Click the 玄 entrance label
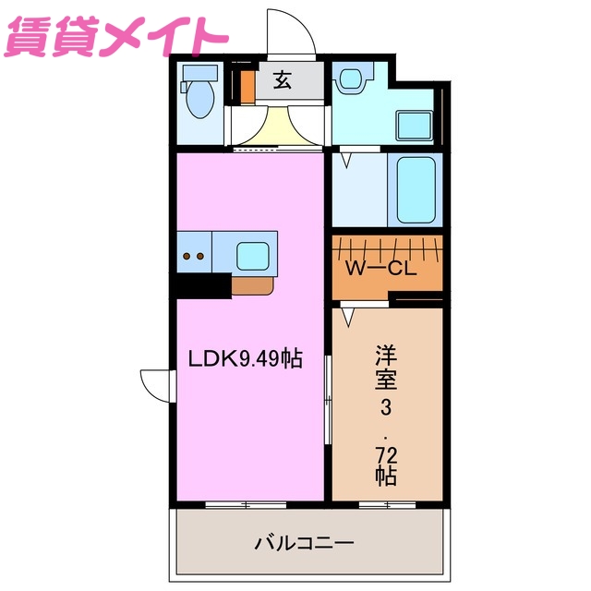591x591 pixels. pyautogui.click(x=282, y=81)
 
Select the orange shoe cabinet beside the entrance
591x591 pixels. pyautogui.click(x=247, y=86)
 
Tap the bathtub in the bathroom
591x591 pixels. pyautogui.click(x=418, y=190)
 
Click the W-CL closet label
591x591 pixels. pyautogui.click(x=380, y=270)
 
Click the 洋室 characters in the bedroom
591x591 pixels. pyautogui.click(x=386, y=368)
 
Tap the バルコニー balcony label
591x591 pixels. pyautogui.click(x=304, y=543)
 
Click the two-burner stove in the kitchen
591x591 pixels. pyautogui.click(x=195, y=254)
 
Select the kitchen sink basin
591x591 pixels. pyautogui.click(x=251, y=253)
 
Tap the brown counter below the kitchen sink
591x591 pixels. pyautogui.click(x=252, y=285)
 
